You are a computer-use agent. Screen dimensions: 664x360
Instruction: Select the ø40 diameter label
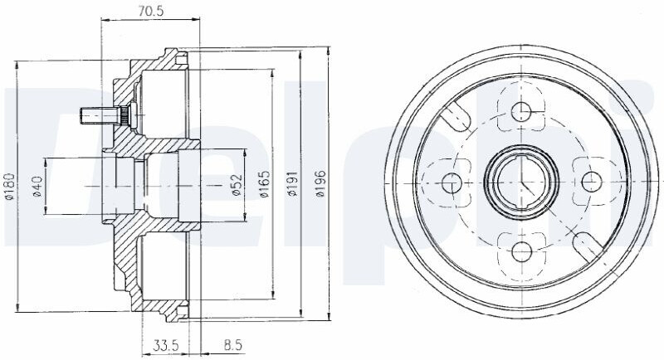coord(37,186)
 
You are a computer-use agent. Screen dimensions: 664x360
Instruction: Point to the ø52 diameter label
coord(237,185)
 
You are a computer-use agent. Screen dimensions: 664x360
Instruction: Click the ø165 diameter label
coord(264,184)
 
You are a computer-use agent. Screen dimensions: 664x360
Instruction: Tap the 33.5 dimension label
coord(164,346)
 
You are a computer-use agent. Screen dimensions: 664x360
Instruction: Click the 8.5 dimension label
coord(232,346)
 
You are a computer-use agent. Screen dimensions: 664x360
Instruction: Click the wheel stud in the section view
coord(101,116)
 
